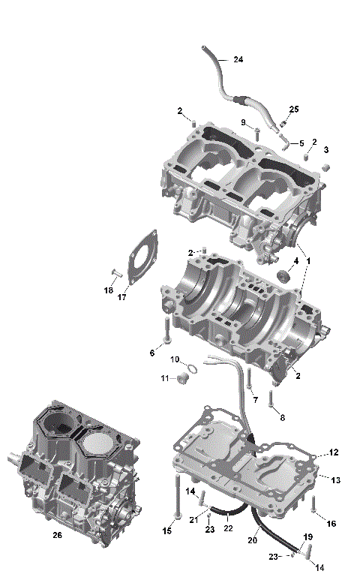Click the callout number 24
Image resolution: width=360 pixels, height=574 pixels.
[x=238, y=59]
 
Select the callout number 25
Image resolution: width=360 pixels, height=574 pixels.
[x=294, y=110]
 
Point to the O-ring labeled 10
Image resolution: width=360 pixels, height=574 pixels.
[x=192, y=368]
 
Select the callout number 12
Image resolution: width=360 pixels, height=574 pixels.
[x=334, y=452]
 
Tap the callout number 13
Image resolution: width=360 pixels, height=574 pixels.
[x=335, y=479]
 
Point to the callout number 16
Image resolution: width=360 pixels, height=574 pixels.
[x=331, y=523]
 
